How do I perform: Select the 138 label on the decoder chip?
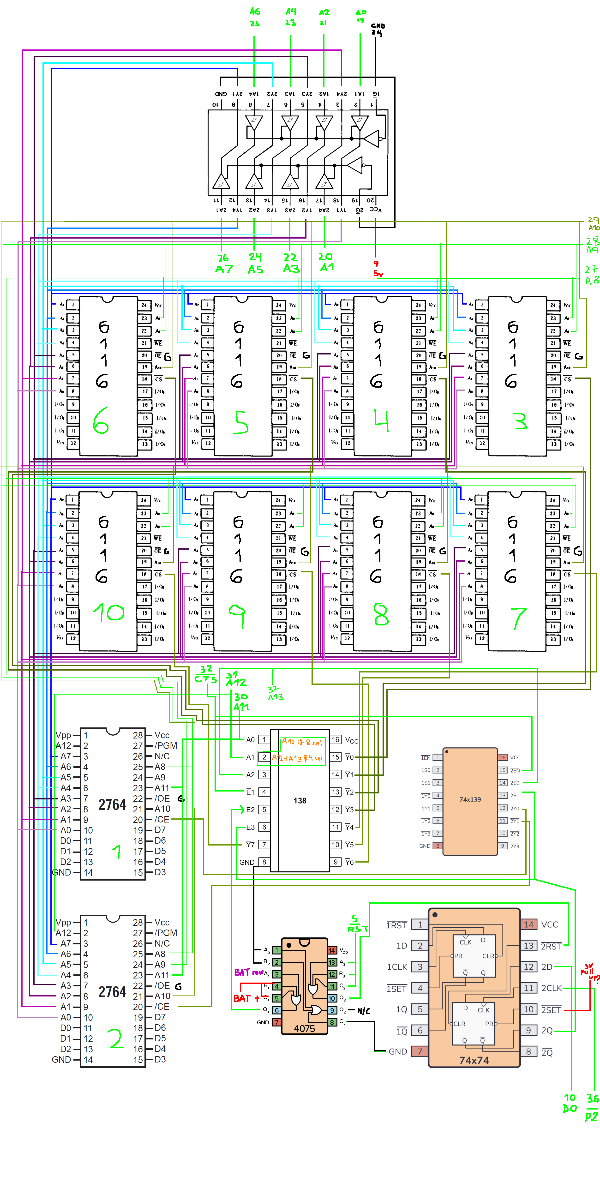click(x=300, y=800)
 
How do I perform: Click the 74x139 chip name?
click(x=470, y=799)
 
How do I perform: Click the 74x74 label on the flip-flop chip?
click(x=474, y=1060)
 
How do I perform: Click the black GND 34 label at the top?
click(x=378, y=29)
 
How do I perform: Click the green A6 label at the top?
click(x=254, y=12)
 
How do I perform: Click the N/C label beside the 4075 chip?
click(x=364, y=1011)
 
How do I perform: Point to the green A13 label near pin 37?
click(x=275, y=697)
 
